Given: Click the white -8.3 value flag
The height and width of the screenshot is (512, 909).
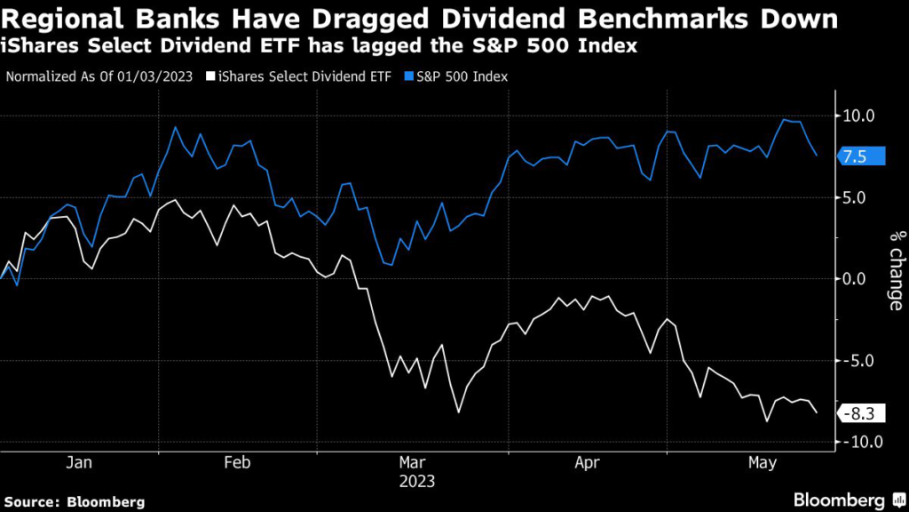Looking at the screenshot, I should coord(860,412).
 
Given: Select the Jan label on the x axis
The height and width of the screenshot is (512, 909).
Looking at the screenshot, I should coord(79,462).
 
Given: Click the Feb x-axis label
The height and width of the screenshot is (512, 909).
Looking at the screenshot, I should coord(238,462).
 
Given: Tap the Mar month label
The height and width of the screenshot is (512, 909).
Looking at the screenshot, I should coord(413,462).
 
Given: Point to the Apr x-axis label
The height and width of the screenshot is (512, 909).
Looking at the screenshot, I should coord(588,462).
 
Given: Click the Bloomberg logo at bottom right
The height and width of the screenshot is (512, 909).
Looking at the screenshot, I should coord(845,500).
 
